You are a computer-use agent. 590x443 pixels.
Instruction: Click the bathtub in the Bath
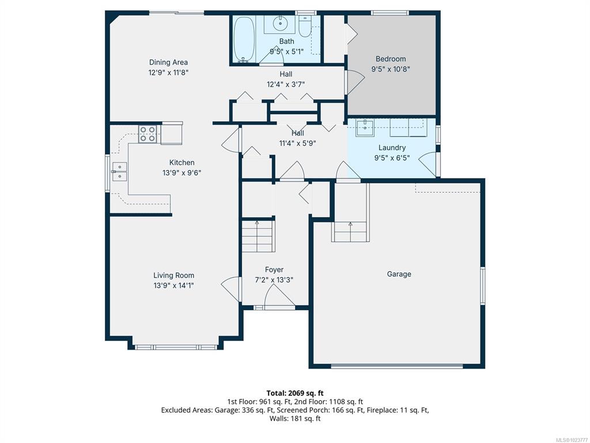pos(244,39)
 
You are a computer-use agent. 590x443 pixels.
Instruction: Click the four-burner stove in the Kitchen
pos(147,134)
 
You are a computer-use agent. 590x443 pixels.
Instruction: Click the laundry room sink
pos(365,128)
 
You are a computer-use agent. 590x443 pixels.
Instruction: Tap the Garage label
pos(399,274)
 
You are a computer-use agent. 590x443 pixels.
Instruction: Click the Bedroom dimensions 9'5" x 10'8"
pos(391,69)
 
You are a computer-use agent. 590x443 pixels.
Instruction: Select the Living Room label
pos(174,275)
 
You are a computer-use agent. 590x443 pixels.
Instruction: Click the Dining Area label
pos(168,62)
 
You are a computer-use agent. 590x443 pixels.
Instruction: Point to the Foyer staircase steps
pos(258,236)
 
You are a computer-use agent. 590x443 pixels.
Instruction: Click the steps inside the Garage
pos(350,232)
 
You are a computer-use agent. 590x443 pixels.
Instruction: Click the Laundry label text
pos(392,148)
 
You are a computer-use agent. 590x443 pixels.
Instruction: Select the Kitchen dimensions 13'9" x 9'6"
pos(181,173)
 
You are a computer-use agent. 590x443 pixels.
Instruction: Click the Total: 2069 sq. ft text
pos(295,393)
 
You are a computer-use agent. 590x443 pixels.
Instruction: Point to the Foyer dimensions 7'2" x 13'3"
pos(274,280)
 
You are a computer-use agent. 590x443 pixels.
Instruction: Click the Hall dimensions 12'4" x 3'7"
pos(286,84)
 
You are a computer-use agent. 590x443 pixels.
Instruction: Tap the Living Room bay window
pos(176,347)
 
